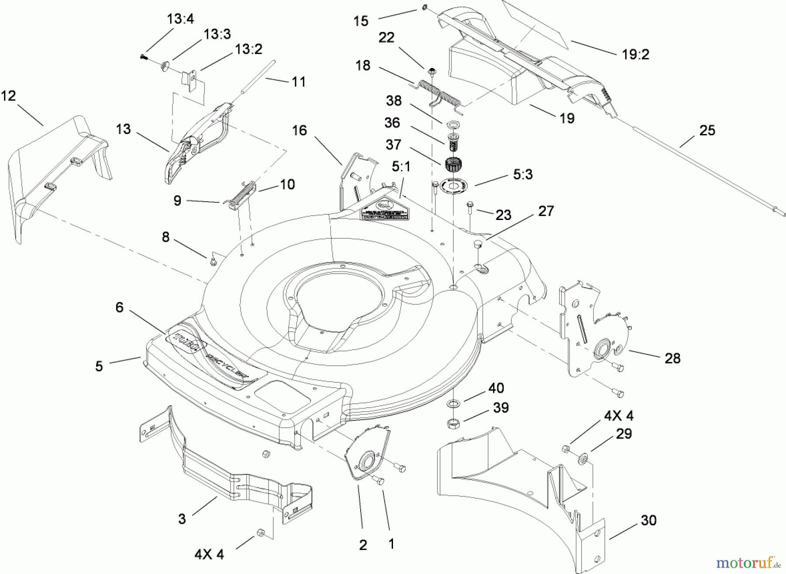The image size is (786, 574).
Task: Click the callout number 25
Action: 707,131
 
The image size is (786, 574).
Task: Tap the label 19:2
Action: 635,55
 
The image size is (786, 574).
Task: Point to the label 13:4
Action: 180,19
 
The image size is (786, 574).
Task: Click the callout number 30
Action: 648,520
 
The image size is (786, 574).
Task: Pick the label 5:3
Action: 522,175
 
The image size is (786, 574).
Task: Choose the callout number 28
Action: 672,358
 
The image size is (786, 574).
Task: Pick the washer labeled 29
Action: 583,458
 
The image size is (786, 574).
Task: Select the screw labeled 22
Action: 431,71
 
